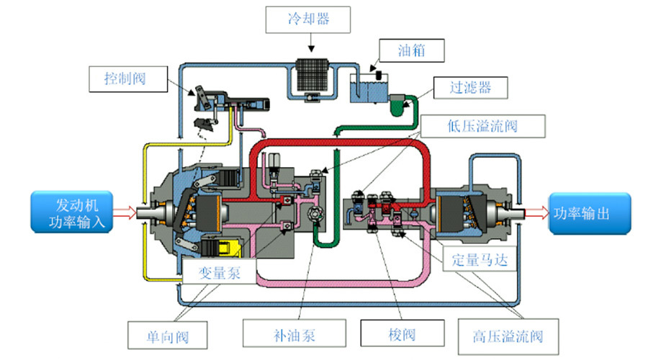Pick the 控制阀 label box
125,78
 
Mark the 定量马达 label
480,260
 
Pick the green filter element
396,106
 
